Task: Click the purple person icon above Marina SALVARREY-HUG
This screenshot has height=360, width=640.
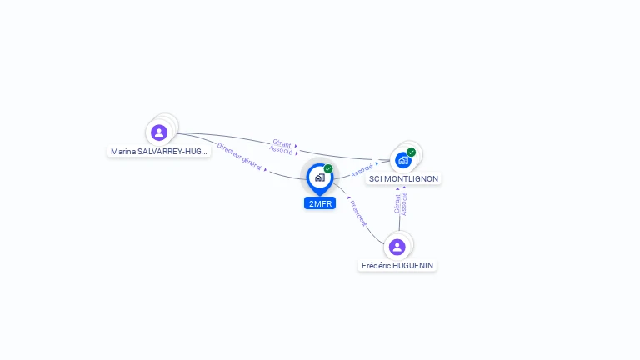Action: point(159,132)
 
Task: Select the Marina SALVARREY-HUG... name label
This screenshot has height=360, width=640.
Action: point(159,152)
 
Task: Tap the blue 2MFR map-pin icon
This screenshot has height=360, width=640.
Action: point(320,177)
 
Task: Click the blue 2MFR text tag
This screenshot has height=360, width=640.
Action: point(320,203)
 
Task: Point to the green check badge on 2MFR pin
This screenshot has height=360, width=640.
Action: point(328,169)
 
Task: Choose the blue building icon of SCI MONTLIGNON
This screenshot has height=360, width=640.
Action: point(403,160)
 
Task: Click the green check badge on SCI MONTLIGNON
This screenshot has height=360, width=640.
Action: point(411,152)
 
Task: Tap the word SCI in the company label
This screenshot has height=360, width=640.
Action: point(376,178)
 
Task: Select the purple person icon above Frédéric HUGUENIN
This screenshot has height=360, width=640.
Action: point(397,247)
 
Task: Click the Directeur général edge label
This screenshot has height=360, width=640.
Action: point(238,157)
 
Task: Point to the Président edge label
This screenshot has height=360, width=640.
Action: point(358,213)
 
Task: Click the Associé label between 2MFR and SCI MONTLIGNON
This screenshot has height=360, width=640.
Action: point(362,170)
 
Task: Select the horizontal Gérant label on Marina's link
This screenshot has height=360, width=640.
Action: point(282,143)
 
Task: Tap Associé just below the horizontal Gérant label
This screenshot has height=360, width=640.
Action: point(281,150)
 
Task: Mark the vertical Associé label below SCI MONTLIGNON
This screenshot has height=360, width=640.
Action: point(404,203)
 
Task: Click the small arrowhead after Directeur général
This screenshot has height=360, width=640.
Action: point(265,169)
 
